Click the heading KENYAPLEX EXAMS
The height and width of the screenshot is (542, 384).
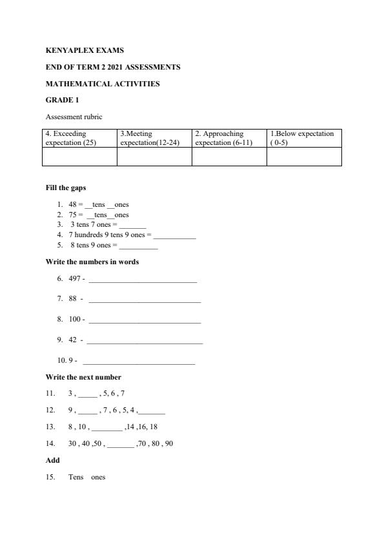(x=85, y=50)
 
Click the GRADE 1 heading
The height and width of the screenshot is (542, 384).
(x=62, y=101)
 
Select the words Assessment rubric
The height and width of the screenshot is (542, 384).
(x=74, y=117)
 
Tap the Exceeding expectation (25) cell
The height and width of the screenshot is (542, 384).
(x=79, y=138)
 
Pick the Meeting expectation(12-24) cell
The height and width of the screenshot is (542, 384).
(x=154, y=138)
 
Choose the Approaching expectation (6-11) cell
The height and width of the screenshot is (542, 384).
(x=229, y=138)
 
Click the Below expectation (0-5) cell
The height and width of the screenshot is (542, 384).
(x=304, y=138)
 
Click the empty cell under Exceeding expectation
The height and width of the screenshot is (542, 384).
(x=79, y=157)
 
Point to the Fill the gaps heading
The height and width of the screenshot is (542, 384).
(x=66, y=188)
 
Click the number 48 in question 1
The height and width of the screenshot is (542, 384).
(x=72, y=205)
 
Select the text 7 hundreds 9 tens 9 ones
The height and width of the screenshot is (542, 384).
(x=107, y=235)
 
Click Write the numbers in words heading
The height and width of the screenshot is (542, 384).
(x=92, y=262)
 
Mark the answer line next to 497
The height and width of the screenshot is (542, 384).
(x=143, y=280)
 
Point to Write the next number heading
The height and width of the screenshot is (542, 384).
(x=83, y=377)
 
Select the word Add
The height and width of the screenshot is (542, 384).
(x=52, y=461)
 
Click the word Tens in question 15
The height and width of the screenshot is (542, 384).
(x=76, y=478)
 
